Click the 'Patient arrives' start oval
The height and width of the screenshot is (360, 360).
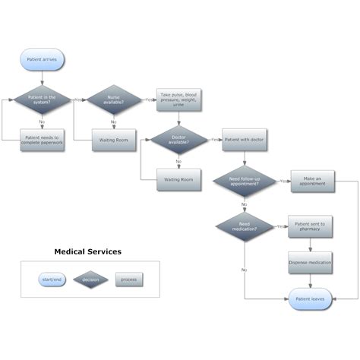click(x=43, y=59)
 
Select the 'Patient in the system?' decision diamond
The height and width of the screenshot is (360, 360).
click(x=43, y=99)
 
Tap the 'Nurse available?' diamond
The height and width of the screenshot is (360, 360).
click(x=113, y=99)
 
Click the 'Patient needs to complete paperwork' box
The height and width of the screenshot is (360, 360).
click(x=43, y=140)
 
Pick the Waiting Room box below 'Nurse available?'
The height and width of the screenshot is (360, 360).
click(x=113, y=140)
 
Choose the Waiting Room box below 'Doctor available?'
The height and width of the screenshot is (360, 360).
click(x=178, y=180)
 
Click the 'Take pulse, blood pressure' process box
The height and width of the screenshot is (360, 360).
click(x=178, y=99)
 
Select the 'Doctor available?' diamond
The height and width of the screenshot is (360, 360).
click(x=178, y=140)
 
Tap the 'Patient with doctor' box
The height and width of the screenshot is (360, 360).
click(x=244, y=140)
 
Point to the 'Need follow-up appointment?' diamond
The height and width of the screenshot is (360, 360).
click(x=244, y=181)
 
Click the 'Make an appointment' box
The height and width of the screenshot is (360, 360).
click(x=311, y=181)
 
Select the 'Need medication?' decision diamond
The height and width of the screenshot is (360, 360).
click(x=244, y=226)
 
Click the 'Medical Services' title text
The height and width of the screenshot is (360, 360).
click(x=87, y=251)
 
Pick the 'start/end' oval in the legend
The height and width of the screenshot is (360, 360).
click(x=52, y=279)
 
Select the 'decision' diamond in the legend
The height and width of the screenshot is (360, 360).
click(x=90, y=279)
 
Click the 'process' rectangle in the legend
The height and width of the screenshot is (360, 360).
click(x=128, y=279)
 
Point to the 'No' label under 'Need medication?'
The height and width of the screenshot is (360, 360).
click(x=244, y=270)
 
